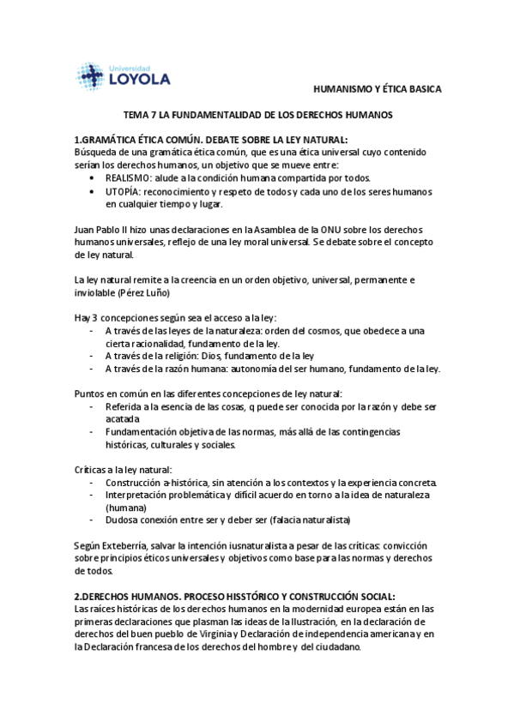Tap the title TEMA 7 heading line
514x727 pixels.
click(258, 114)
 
